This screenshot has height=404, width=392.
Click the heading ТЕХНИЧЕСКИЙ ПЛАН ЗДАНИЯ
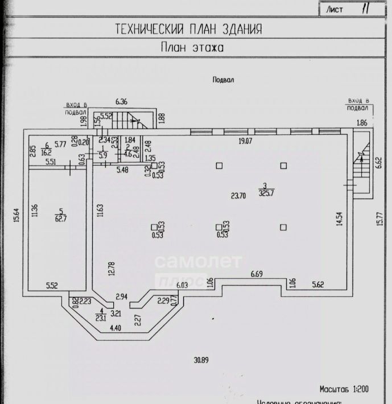pos(189,29)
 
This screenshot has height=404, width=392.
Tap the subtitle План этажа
pos(191,48)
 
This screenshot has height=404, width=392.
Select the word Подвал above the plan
pos(223,80)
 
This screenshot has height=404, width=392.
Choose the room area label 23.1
pos(102,319)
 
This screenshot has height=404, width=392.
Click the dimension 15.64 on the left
pos(17,216)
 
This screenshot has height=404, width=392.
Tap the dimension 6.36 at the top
pos(121,102)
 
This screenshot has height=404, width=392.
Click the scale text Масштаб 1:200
pos(345,390)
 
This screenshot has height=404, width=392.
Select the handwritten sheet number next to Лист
pos(365,10)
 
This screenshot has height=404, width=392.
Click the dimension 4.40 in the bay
pos(115,328)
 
